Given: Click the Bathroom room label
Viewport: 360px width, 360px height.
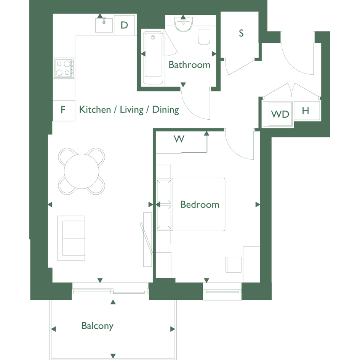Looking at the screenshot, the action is (189, 65).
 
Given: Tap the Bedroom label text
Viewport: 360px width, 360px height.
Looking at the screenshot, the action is (200, 205).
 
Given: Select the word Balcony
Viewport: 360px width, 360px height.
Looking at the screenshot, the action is (98, 326).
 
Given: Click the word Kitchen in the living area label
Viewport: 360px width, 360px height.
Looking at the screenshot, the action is (95, 109).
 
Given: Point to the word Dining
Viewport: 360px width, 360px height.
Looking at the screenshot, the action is (166, 110).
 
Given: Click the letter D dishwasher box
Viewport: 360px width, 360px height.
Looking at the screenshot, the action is (124, 25).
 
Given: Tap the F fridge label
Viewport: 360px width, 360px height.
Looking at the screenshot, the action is (63, 110).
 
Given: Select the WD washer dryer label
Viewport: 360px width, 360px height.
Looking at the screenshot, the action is (280, 114).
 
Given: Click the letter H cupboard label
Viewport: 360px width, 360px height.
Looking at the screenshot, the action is (306, 111).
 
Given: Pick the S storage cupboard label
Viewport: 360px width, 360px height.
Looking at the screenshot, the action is (241, 33).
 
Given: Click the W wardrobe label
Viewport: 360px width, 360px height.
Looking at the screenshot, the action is (179, 139).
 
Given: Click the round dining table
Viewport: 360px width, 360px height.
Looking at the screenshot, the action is (82, 171).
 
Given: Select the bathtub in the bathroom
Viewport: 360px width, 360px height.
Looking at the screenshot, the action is (153, 58).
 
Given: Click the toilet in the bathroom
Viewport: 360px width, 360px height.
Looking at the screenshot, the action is (204, 35).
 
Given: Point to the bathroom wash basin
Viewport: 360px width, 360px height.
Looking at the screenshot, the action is (184, 24).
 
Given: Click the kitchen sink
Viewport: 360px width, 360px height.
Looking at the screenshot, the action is (104, 25).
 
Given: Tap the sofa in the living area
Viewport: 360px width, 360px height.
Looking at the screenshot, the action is (71, 238).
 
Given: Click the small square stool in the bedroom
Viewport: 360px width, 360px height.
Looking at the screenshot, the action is (234, 265).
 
